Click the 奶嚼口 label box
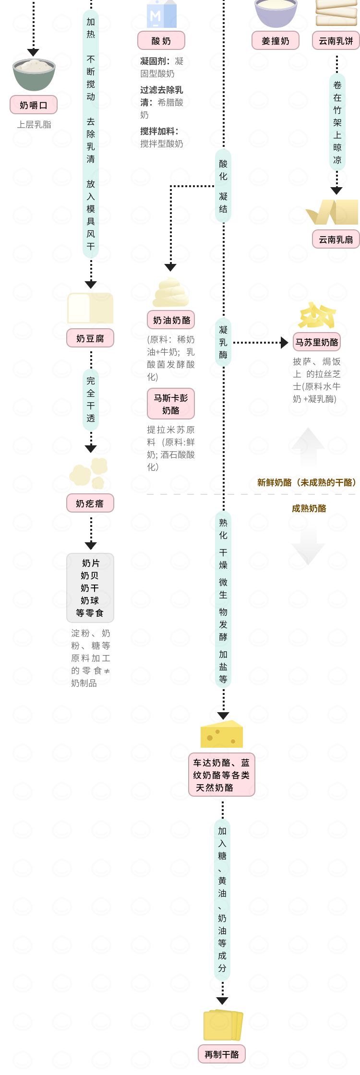point(34,105)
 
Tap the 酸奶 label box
point(161,41)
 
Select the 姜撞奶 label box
point(276,41)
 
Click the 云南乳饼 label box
point(336,41)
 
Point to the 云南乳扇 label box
point(336,239)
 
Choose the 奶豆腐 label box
point(90,338)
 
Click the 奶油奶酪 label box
point(171,320)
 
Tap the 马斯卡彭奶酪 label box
point(171,404)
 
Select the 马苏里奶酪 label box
point(317,342)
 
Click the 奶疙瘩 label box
point(90,503)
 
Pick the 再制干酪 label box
point(222,1054)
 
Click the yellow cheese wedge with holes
point(222,734)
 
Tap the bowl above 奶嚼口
point(34,74)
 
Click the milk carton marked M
point(161,14)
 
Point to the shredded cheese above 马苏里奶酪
point(316,315)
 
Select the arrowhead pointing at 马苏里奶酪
point(284,343)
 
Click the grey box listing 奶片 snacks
point(90,588)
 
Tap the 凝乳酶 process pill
point(223,342)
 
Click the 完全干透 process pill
point(91,399)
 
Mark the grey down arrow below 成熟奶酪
point(308,547)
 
